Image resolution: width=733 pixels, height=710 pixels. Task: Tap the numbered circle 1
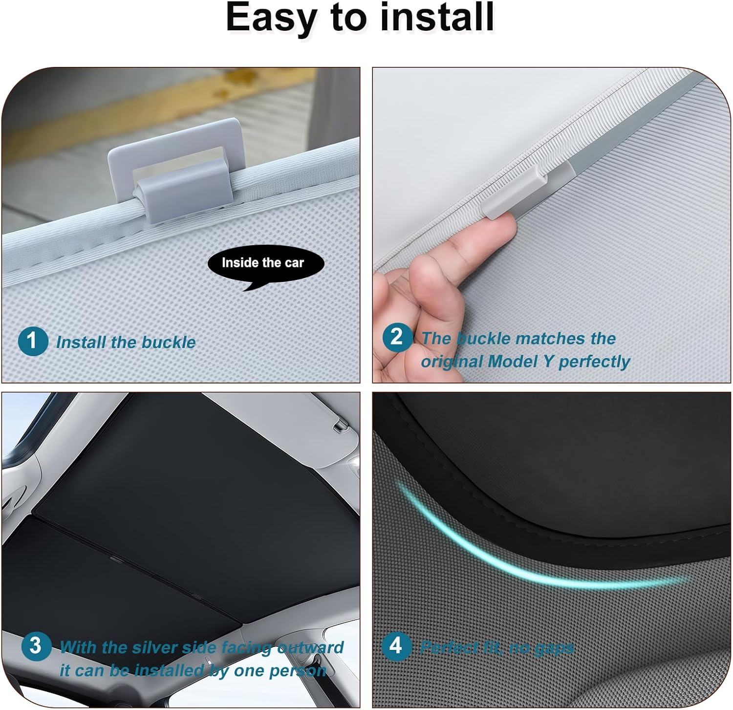pos(33,341)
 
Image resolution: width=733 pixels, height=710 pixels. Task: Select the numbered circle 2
pos(396,337)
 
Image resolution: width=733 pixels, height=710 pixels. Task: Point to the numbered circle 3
pos(36,645)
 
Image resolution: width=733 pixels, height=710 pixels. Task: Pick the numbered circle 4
pos(395,645)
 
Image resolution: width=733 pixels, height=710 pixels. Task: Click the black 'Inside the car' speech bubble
pos(265,264)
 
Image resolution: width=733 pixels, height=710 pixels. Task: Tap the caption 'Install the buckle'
pos(126,342)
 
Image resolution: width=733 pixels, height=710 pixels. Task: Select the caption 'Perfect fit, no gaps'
pos(497,648)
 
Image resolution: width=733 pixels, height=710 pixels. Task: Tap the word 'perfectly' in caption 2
pos(594,362)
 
